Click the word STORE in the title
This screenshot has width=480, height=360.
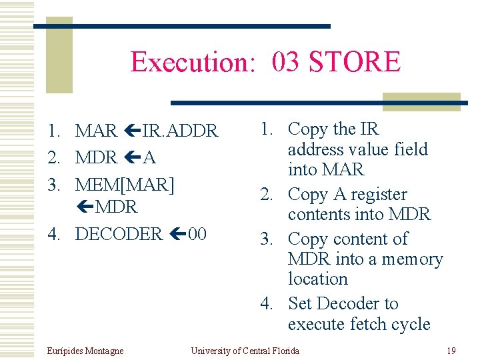pyautogui.click(x=355, y=62)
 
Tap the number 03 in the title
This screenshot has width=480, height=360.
pyautogui.click(x=285, y=62)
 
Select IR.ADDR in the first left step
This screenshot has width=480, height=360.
pyautogui.click(x=179, y=131)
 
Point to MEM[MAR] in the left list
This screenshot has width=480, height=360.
pyautogui.click(x=125, y=184)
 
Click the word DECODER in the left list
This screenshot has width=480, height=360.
pyautogui.click(x=119, y=234)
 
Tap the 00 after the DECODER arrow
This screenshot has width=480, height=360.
pyautogui.click(x=197, y=234)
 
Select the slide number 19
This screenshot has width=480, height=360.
pyautogui.click(x=451, y=351)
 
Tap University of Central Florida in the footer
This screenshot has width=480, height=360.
pyautogui.click(x=245, y=351)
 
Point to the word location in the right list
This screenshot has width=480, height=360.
pyautogui.click(x=318, y=279)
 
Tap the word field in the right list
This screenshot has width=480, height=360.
pyautogui.click(x=411, y=149)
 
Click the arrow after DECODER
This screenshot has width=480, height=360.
pyautogui.click(x=176, y=234)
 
